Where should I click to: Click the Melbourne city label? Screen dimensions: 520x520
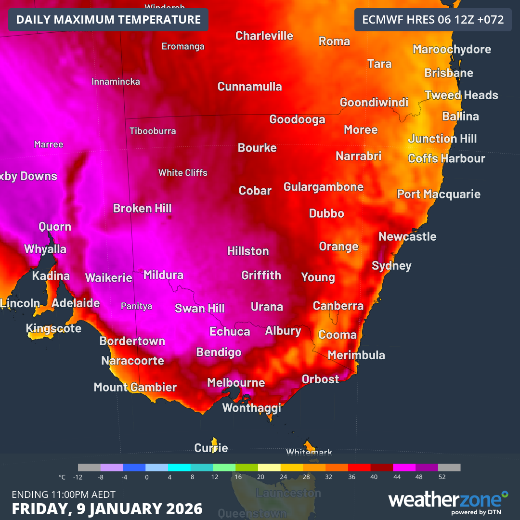click(236, 383)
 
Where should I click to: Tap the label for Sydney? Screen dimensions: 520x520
click(391, 266)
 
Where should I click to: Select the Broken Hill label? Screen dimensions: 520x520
click(142, 208)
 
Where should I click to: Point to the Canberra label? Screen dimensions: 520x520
click(338, 306)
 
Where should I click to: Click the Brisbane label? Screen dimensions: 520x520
click(449, 73)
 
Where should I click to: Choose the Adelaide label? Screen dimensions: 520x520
click(76, 303)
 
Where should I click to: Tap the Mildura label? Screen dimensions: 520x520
click(163, 275)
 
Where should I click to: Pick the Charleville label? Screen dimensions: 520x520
click(264, 36)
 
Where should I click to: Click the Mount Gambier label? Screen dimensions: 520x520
click(135, 387)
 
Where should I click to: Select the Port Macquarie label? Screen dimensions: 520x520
click(439, 194)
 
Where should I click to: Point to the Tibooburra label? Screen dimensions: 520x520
click(153, 131)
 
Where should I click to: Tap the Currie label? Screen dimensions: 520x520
click(211, 448)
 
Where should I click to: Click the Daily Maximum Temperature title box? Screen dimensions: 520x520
click(108, 20)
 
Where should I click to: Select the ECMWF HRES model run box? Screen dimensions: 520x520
click(432, 20)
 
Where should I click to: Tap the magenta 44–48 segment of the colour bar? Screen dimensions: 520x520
click(404, 468)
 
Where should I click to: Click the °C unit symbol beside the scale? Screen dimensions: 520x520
click(62, 477)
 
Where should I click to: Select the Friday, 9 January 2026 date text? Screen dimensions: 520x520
click(107, 509)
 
